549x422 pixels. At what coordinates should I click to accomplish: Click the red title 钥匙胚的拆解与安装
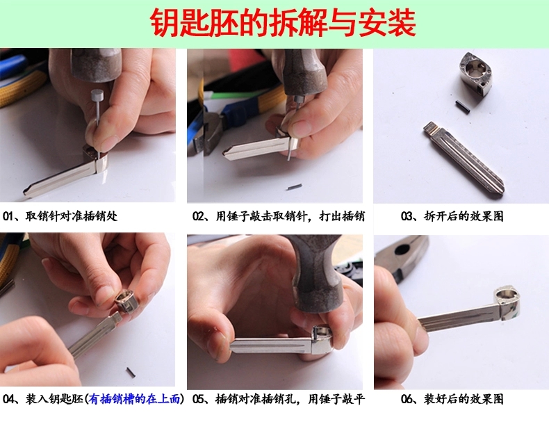coord(283,23)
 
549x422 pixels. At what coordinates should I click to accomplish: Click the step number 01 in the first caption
coord(8,216)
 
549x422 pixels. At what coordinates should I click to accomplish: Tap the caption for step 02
coord(279,216)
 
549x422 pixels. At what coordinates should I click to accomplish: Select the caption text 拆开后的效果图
coord(464,216)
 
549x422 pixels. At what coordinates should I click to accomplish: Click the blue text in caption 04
coord(135,399)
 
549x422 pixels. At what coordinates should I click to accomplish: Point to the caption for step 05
coord(279,399)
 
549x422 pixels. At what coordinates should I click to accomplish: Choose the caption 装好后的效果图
coord(464,399)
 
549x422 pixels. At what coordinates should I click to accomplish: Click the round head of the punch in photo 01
coord(97,95)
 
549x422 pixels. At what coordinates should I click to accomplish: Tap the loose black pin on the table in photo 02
coord(295,187)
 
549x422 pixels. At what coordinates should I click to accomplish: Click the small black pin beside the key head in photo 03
coord(462,105)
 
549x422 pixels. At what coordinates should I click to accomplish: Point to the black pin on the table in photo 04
coord(130,372)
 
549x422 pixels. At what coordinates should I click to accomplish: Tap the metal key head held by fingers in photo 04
coord(126,301)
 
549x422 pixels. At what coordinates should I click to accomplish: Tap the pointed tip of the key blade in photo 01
coord(25,192)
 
